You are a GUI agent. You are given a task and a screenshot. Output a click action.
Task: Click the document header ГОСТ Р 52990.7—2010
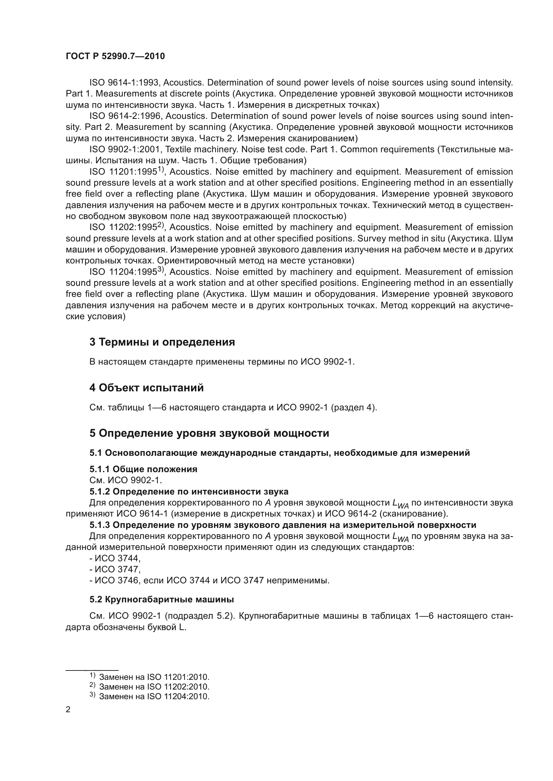[115, 56]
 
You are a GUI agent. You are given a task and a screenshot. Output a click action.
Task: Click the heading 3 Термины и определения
[162, 342]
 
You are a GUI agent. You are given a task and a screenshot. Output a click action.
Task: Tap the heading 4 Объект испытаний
[146, 387]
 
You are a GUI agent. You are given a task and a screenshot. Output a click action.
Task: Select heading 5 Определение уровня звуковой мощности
[209, 433]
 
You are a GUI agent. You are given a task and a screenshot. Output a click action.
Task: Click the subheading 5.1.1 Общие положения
[143, 469]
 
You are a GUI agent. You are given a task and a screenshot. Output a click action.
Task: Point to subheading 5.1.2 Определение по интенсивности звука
[189, 492]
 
